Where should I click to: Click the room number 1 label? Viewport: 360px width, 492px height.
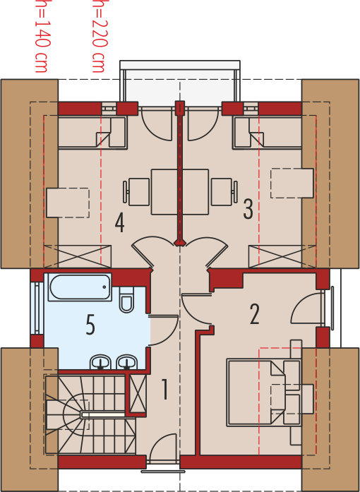coord(164,389)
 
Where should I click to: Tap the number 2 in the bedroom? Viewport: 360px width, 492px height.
coord(255,314)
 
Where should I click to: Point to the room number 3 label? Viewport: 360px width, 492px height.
coord(248,209)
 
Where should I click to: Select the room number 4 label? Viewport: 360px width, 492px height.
coord(119,223)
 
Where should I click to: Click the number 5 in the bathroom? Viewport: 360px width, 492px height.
coord(90,325)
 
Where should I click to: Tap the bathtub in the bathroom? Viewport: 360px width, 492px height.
coord(80,287)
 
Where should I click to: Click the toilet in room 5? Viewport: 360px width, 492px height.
coord(127,299)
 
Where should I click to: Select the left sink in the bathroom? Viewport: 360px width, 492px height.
coord(101,362)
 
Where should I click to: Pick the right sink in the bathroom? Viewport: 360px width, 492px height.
coord(127,362)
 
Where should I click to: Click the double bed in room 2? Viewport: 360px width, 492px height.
coord(256,393)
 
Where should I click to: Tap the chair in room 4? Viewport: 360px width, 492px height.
coord(136,192)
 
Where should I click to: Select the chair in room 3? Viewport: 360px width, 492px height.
coord(224,192)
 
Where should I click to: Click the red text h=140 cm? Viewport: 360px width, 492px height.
coord(41,36)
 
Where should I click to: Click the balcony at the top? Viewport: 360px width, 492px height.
coord(180,83)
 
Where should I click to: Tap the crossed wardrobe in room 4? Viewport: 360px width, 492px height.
coord(78,257)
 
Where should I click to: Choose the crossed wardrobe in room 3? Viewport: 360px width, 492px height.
coord(282,257)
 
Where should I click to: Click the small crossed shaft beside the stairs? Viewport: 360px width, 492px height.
coord(138,394)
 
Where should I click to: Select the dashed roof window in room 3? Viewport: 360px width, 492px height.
coord(292,184)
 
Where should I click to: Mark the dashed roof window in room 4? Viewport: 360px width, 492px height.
coord(68,203)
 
